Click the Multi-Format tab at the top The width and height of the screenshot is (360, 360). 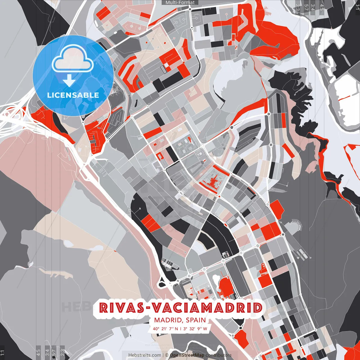coord(180,3)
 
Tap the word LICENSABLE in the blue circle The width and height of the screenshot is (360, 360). coord(73,95)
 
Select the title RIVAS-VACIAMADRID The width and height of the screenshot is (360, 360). coord(181,308)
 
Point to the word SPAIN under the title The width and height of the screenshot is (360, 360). coord(196,320)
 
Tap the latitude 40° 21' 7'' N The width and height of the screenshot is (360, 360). coord(165,328)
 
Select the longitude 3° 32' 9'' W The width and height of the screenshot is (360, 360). coord(195,328)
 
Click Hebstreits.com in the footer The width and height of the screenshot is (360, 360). coord(145,355)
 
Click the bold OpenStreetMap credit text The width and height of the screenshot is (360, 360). coord(187,355)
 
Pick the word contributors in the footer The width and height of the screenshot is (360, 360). coord(219,355)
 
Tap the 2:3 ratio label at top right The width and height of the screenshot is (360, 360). coord(298,7)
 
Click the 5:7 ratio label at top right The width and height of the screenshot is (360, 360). coord(306,7)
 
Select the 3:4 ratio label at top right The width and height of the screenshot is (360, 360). coord(313,7)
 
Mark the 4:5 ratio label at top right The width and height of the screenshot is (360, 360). coord(322,7)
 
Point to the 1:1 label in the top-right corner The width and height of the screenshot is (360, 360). coord(357,6)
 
